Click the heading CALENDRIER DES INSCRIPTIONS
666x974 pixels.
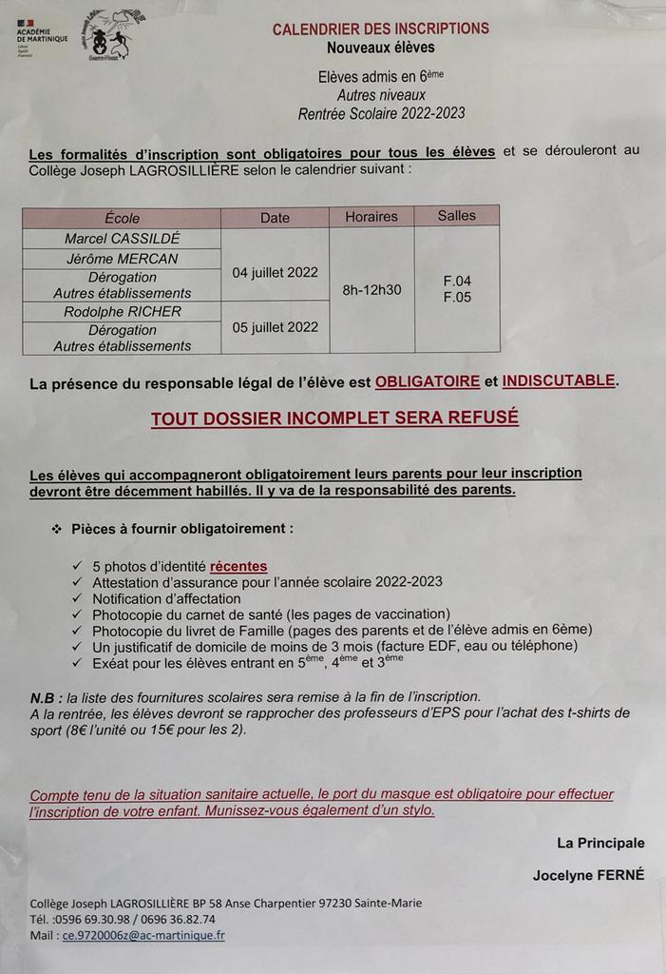click(380, 29)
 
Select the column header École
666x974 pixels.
click(123, 218)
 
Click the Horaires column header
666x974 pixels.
click(371, 217)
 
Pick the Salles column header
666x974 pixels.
click(457, 216)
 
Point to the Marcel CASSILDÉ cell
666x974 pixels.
click(123, 238)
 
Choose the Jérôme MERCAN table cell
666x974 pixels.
click(123, 259)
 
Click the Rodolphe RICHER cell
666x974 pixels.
click(123, 311)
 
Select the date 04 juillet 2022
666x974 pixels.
click(276, 272)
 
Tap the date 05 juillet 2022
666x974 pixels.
click(276, 327)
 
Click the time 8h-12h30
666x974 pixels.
click(371, 289)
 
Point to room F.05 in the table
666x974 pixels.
click(457, 298)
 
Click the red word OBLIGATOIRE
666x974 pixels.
click(428, 382)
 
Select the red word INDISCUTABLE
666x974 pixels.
click(559, 381)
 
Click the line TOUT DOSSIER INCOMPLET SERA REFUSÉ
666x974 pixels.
click(334, 419)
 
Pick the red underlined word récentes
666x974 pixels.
click(238, 565)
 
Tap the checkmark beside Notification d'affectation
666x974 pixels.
click(77, 599)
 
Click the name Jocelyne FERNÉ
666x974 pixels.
click(589, 875)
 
